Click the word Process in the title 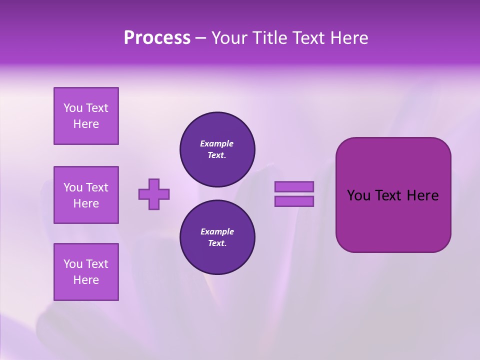pos(157,38)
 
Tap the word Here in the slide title pos(348,38)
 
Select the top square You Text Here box pos(86,116)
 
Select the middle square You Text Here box pos(86,195)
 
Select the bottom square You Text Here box pos(86,272)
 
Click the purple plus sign pos(154,194)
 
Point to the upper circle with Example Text pos(217,149)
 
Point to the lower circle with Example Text pos(217,237)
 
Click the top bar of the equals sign pos(294,186)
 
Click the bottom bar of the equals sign pos(294,201)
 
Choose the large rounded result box pos(393,220)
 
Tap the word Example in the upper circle pos(217,143)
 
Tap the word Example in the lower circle pos(217,231)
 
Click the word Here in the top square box pos(86,124)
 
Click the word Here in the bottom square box pos(86,280)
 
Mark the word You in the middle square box pos(73,187)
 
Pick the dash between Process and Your pos(201,38)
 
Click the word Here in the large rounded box pos(422,195)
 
